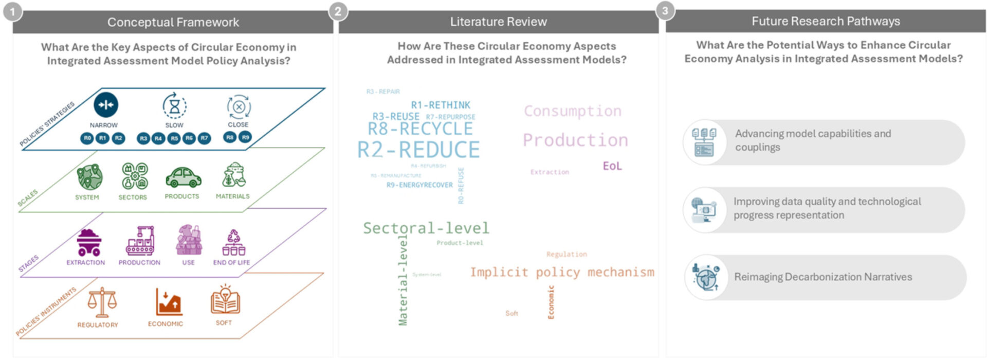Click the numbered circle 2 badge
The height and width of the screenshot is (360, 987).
point(338,11)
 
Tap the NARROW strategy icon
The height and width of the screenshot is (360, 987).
point(106,105)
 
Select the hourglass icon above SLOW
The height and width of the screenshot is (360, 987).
point(174,106)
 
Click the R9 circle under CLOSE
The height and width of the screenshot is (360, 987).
point(245,137)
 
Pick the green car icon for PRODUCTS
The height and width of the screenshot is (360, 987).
point(183,178)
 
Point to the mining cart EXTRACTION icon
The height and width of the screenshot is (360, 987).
point(88,242)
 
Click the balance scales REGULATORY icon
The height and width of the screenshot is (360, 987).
point(102,302)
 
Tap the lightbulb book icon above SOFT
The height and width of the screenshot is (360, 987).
point(225,300)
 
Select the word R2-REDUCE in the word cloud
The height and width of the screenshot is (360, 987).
point(418,150)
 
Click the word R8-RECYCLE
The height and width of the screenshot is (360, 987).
point(420,129)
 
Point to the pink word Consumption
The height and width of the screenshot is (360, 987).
point(572,111)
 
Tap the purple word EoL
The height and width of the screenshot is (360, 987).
point(612,166)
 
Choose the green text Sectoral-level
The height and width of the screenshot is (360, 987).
point(426,228)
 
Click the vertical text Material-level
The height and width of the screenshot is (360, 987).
point(403,280)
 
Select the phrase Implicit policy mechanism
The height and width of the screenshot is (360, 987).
point(562,272)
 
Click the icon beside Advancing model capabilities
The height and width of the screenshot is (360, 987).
point(704,142)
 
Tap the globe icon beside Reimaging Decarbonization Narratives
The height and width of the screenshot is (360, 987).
point(705,277)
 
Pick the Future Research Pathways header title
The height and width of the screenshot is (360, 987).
point(826,21)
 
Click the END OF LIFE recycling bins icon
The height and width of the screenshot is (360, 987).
point(233,243)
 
